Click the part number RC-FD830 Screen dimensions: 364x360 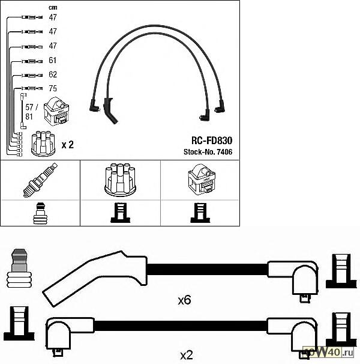(211, 140)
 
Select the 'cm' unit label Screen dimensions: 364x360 (53, 7)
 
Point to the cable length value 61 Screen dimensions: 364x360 (53, 61)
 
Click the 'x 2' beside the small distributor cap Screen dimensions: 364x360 (67, 145)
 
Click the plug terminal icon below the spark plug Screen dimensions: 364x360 (40, 213)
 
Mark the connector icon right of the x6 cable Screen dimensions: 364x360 (339, 272)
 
